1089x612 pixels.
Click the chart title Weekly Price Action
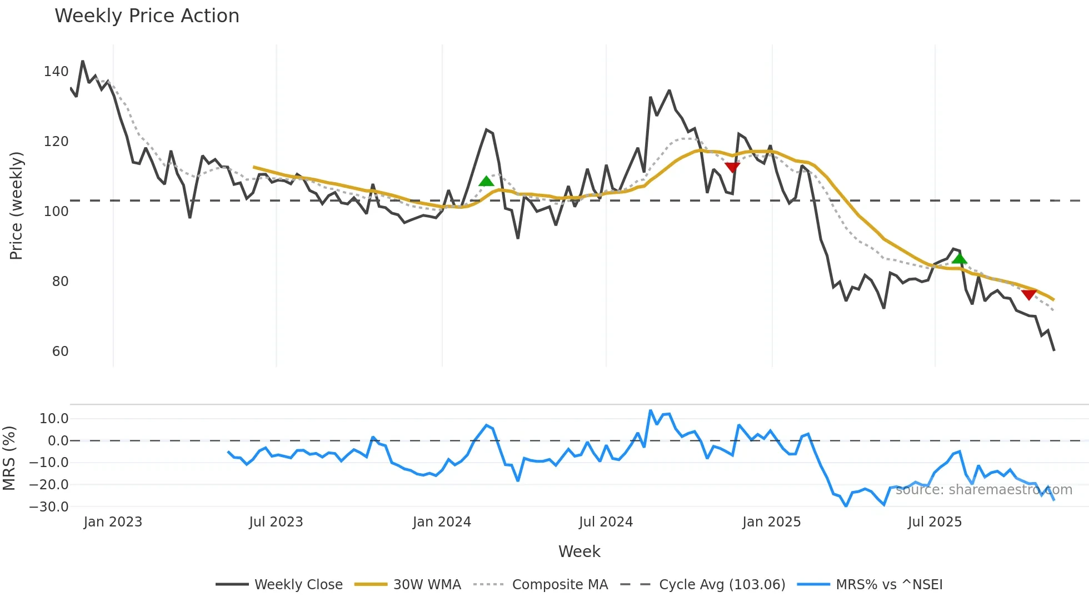pyautogui.click(x=147, y=16)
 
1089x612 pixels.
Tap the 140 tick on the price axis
pyautogui.click(x=56, y=72)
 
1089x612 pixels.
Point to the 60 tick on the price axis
pyautogui.click(x=60, y=352)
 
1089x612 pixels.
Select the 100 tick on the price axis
pyautogui.click(x=56, y=212)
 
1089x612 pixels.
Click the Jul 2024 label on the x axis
pyautogui.click(x=606, y=522)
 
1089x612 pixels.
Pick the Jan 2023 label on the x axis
pyautogui.click(x=113, y=522)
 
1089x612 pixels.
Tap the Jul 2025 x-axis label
pyautogui.click(x=935, y=522)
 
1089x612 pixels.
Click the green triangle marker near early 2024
pyautogui.click(x=486, y=181)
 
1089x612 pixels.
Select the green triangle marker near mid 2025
pyautogui.click(x=959, y=259)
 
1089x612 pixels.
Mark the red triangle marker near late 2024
pyautogui.click(x=732, y=167)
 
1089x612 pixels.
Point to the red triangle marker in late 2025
pyautogui.click(x=1028, y=295)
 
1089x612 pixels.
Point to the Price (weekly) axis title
pyautogui.click(x=17, y=205)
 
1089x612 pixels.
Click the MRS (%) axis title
pyautogui.click(x=9, y=458)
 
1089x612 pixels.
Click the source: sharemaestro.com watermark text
pyautogui.click(x=983, y=490)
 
